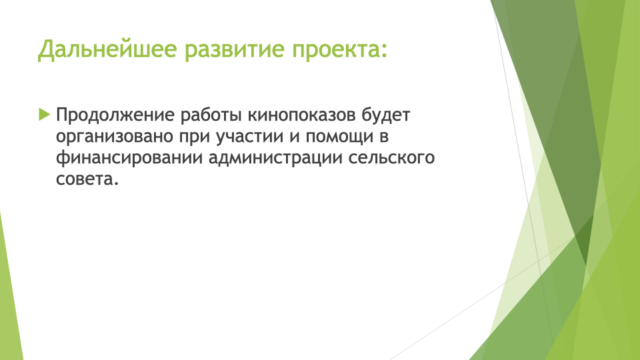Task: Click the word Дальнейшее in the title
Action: point(107,49)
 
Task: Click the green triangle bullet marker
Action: point(45,114)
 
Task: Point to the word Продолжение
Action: point(115,115)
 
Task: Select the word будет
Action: point(386,115)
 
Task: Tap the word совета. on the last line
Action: point(87,179)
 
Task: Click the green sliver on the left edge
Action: point(10,294)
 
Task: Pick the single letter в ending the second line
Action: point(384,137)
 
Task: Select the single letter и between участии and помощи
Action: point(295,137)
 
